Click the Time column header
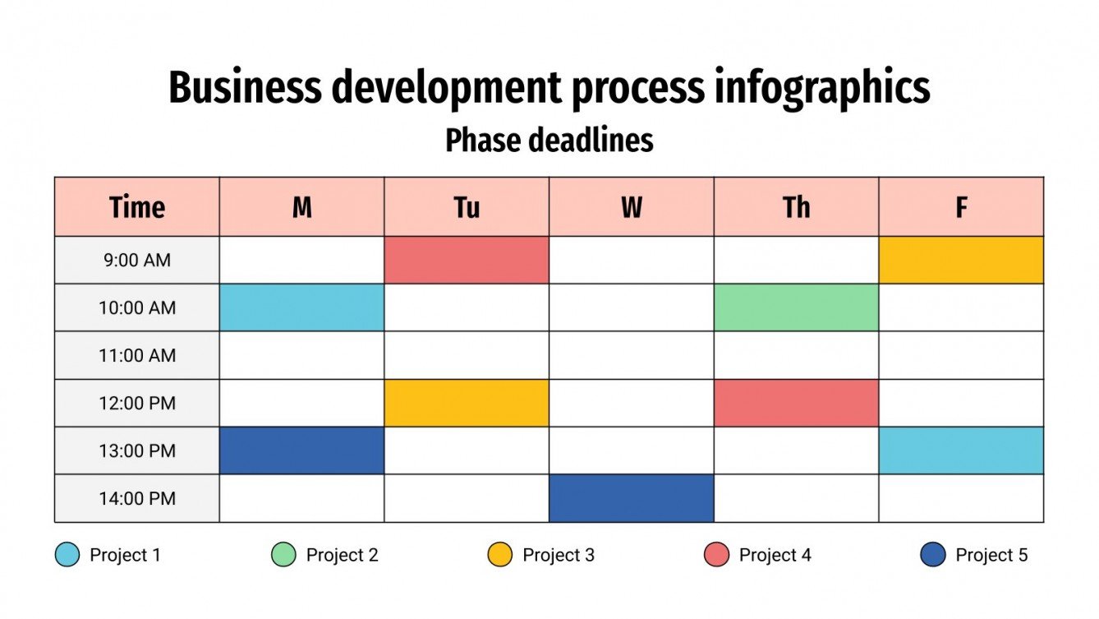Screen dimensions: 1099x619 click(x=137, y=207)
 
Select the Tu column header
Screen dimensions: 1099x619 click(x=467, y=207)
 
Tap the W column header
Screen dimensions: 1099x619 click(x=632, y=207)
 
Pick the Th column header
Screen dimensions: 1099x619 click(x=796, y=207)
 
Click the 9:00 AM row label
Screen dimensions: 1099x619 click(x=137, y=260)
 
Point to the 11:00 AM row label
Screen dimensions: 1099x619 click(x=137, y=355)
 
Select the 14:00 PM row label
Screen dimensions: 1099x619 click(x=137, y=499)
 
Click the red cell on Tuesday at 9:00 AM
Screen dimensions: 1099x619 click(x=467, y=260)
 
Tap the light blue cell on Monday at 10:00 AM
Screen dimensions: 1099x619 click(x=301, y=307)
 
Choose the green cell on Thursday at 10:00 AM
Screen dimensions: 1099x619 click(x=796, y=307)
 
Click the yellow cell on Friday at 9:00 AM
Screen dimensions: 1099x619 click(x=961, y=260)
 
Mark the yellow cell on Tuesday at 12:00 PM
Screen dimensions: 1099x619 click(x=467, y=403)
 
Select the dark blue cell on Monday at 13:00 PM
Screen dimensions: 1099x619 click(x=301, y=450)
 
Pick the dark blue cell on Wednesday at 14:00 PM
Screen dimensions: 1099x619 click(x=632, y=498)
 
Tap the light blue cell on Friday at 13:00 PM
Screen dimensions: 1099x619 click(x=961, y=450)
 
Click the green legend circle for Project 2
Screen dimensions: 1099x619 click(x=283, y=555)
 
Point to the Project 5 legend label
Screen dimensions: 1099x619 click(x=991, y=555)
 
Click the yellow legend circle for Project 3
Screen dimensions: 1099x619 click(x=500, y=555)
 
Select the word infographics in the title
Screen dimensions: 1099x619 click(x=822, y=88)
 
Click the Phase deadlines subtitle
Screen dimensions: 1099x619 click(x=549, y=141)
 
